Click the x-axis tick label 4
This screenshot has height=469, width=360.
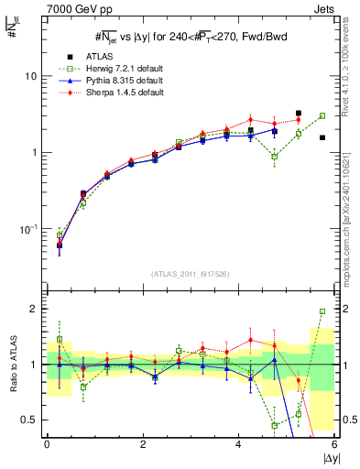(x=239, y=444)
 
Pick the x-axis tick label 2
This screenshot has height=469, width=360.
(x=143, y=444)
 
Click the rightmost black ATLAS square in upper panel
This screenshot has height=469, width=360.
(x=322, y=137)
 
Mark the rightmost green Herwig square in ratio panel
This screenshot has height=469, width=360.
(x=322, y=311)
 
